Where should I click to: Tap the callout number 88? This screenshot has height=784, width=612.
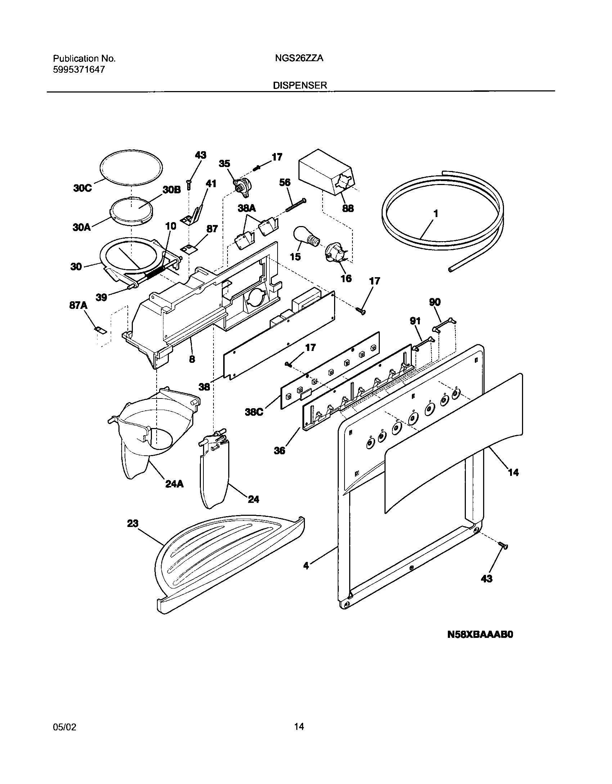[x=348, y=208]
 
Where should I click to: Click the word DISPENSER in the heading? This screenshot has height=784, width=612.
[x=300, y=85]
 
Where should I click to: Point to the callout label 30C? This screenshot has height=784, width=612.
[x=82, y=188]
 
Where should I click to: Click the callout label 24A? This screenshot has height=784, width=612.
[x=174, y=484]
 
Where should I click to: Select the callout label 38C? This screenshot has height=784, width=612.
[x=254, y=412]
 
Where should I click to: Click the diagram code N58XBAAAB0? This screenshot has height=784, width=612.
[x=480, y=645]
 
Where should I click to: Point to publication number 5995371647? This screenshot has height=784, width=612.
[x=79, y=70]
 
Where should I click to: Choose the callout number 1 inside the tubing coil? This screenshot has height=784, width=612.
[x=436, y=213]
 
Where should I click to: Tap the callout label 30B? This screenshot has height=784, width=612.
[x=171, y=190]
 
